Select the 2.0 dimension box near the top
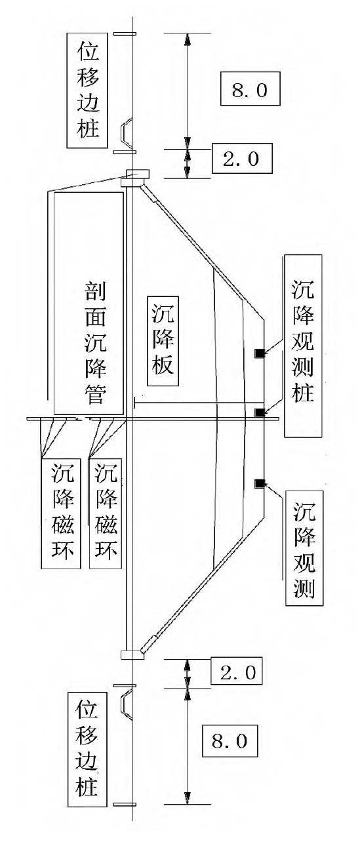coord(241,159)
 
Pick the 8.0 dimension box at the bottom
coord(230,742)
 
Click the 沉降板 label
coord(161,338)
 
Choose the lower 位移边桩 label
coord(88,748)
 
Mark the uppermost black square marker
coord(260,354)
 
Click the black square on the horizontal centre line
coord(260,412)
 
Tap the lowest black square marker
coord(260,483)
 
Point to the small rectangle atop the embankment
coord(137,176)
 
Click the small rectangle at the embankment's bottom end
coord(132,654)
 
